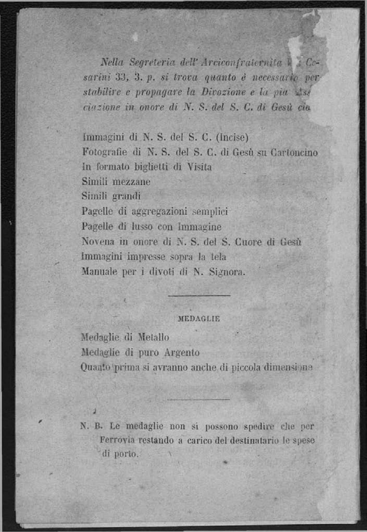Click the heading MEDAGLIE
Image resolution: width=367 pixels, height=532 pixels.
(199, 319)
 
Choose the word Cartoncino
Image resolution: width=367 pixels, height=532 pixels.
(294, 153)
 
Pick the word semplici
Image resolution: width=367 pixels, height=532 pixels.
(209, 211)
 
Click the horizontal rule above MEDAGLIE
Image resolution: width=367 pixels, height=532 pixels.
(199, 296)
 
